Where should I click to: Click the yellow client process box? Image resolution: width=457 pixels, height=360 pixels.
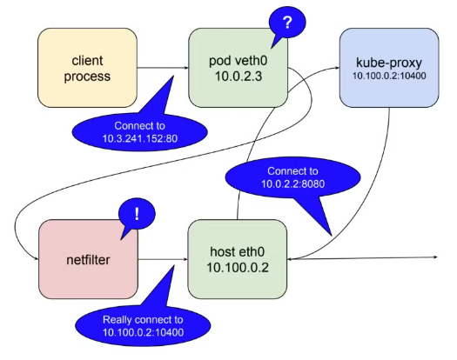tap(87, 68)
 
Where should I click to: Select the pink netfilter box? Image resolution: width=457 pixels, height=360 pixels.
tap(88, 259)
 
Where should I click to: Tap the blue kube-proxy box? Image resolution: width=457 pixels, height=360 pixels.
tap(389, 68)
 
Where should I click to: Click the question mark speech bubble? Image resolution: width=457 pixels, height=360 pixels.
tap(287, 23)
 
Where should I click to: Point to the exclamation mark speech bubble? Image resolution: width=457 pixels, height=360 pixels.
tap(137, 215)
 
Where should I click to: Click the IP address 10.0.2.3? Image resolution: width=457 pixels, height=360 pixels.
tap(239, 76)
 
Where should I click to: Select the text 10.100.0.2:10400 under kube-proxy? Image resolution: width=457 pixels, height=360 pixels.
tap(389, 76)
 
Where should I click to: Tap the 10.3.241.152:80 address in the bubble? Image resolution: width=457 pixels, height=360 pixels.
tap(140, 138)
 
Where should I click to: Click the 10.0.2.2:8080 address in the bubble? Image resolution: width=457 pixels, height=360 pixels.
tap(292, 183)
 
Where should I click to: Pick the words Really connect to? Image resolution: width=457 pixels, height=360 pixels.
tap(143, 319)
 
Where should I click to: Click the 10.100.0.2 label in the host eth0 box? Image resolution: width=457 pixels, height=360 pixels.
tap(238, 267)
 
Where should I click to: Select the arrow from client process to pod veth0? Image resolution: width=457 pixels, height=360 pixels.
tap(163, 68)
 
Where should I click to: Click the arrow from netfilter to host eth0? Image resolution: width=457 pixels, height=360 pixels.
tap(163, 259)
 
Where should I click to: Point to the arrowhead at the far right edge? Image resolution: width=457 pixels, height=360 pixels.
tap(435, 257)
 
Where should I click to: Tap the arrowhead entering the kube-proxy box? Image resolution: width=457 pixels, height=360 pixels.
tap(337, 68)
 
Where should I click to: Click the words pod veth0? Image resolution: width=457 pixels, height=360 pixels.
tap(239, 61)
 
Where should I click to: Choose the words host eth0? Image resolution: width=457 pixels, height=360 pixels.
tap(238, 251)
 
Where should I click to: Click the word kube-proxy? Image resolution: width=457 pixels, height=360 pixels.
tap(389, 63)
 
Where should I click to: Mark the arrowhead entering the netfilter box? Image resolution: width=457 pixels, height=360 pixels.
tap(37, 258)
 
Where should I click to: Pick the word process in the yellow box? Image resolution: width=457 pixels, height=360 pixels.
tap(87, 77)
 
